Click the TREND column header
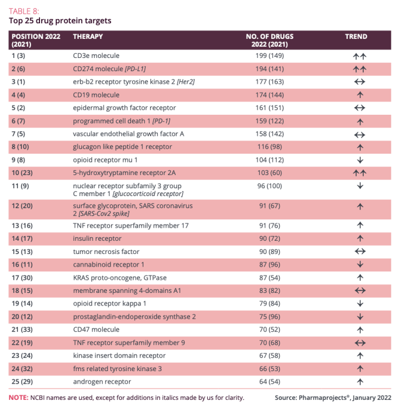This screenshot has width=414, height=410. (x=356, y=36)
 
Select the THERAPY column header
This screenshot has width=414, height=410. (x=88, y=36)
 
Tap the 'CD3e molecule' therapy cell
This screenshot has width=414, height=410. (x=96, y=56)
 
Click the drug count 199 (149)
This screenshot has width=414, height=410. (x=269, y=56)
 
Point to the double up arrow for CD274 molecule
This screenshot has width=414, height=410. (x=360, y=69)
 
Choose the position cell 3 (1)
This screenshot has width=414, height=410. (x=18, y=81)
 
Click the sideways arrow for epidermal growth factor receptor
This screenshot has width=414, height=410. (x=360, y=108)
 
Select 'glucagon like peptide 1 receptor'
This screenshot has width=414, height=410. (x=122, y=146)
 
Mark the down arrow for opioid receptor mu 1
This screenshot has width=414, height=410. (x=360, y=160)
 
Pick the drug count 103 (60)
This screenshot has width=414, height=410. (x=269, y=173)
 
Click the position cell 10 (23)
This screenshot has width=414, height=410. (x=22, y=173)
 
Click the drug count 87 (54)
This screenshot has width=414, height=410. (x=269, y=277)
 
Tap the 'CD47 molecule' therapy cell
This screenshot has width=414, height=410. (x=96, y=329)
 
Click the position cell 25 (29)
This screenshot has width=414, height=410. (x=22, y=382)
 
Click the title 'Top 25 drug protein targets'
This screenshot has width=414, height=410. (x=60, y=20)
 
